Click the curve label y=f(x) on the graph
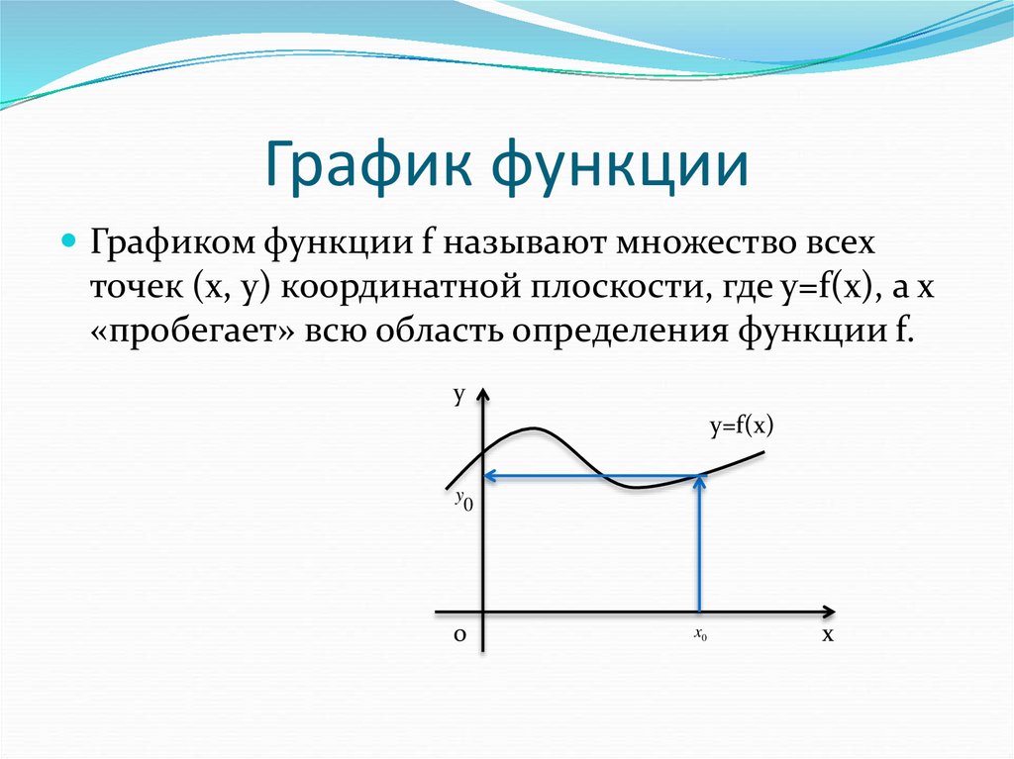[740, 427]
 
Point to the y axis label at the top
[459, 396]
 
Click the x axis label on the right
[827, 635]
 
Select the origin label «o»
[459, 636]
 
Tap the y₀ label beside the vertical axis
[463, 501]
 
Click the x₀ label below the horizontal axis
[700, 635]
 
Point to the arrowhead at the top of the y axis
[482, 397]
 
